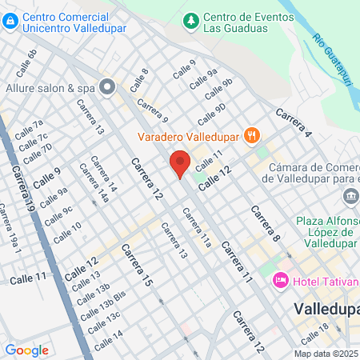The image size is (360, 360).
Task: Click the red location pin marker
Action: coord(180,164)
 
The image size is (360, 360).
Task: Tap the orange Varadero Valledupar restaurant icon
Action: coord(251,134)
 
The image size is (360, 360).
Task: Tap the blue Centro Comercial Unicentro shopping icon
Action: coord(9,22)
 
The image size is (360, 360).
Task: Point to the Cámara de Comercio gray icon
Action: coord(350,197)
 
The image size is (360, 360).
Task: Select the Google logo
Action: coord(26,350)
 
